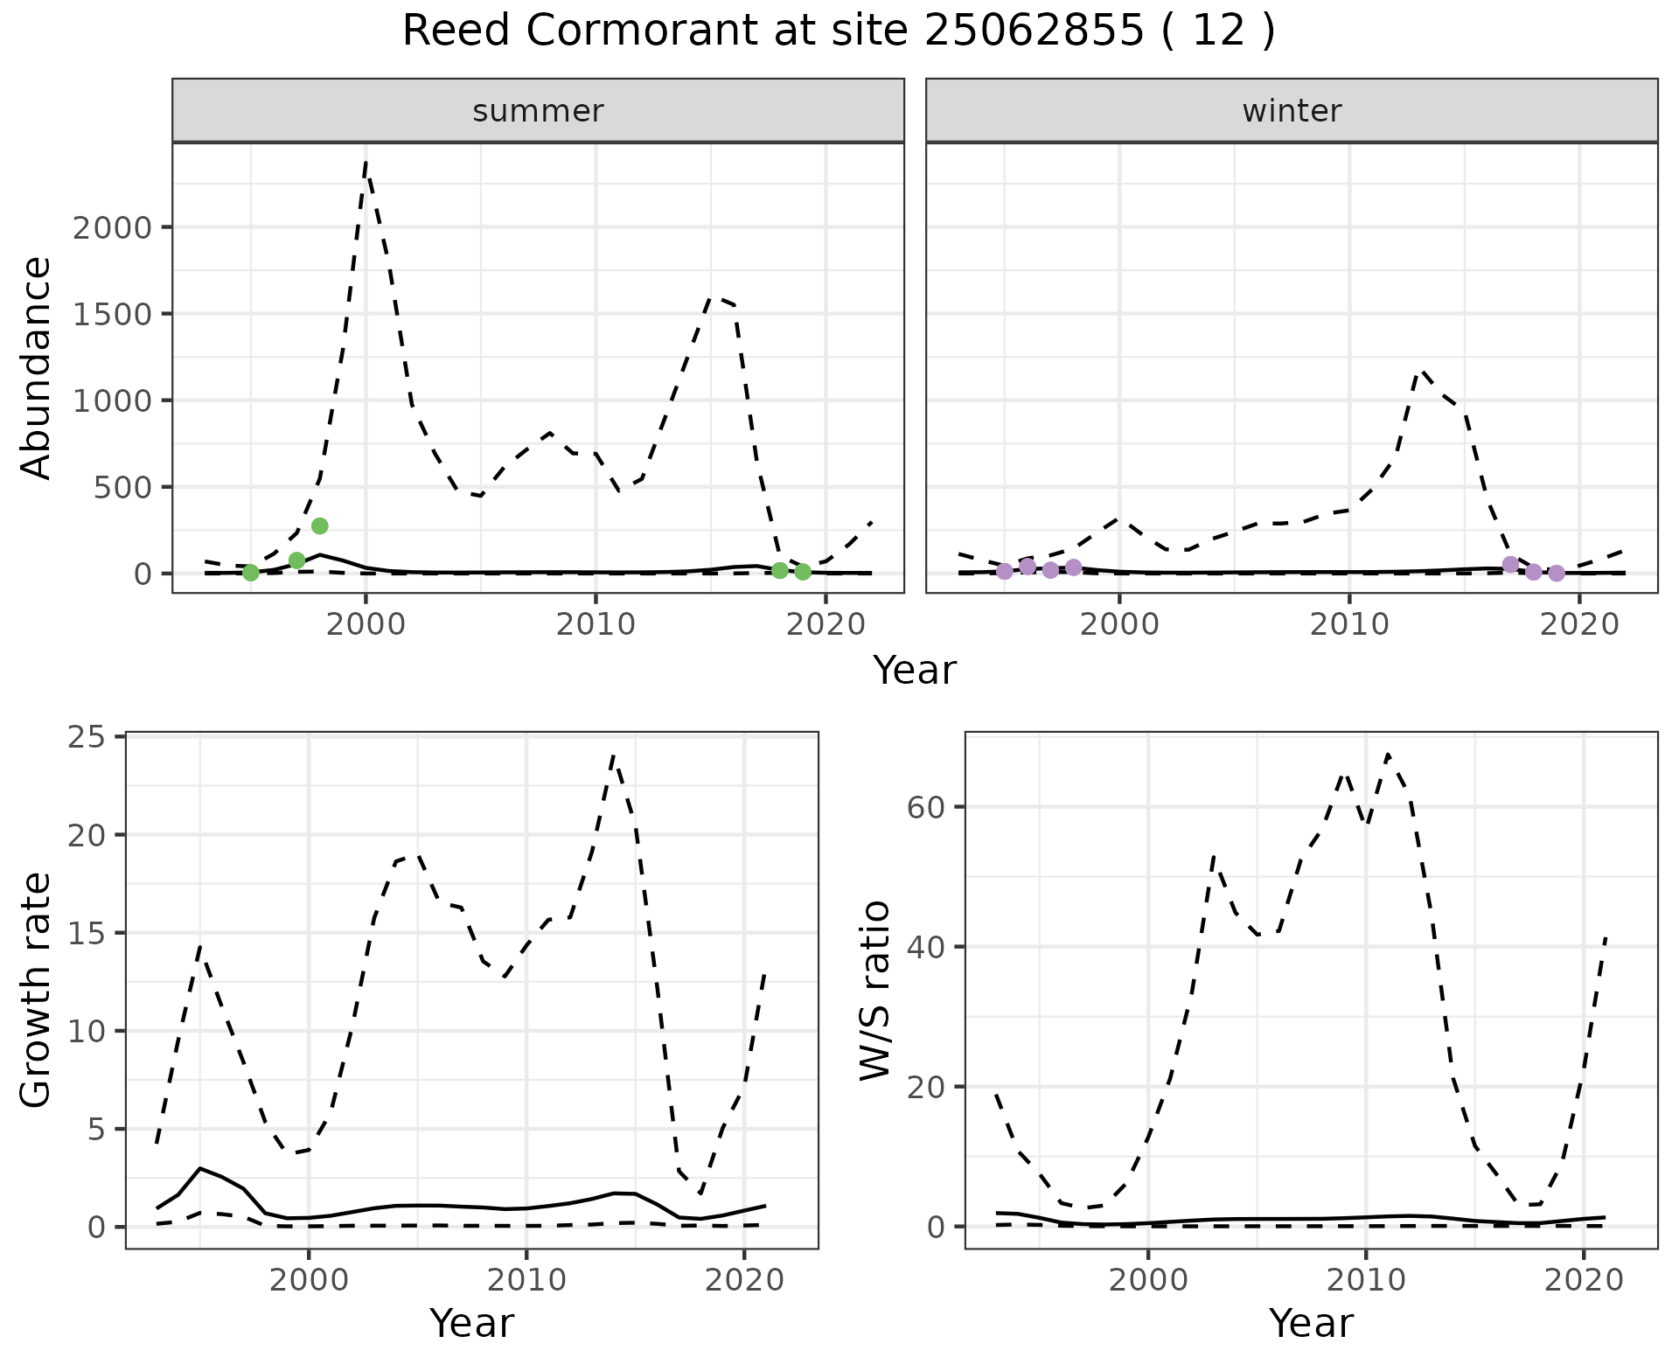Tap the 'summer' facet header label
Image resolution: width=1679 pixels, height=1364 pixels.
tap(538, 111)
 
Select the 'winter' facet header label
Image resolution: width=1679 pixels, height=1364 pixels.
tap(1292, 111)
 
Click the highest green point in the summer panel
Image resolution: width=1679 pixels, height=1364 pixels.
tap(319, 525)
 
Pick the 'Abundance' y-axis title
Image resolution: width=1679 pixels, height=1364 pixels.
tap(37, 368)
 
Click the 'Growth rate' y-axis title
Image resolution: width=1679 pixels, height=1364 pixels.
tap(37, 990)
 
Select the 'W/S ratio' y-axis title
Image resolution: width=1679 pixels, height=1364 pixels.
tap(875, 990)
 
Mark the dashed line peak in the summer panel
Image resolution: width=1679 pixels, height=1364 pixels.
tap(366, 162)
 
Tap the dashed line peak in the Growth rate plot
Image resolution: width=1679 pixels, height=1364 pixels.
tap(614, 754)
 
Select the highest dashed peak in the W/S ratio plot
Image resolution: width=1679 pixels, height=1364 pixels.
tap(1388, 754)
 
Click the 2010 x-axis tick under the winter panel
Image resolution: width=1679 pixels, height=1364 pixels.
tap(1349, 625)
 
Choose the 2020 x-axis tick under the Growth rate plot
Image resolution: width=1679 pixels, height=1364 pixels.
tap(743, 1281)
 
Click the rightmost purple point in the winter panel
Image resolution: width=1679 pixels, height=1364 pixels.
tap(1557, 573)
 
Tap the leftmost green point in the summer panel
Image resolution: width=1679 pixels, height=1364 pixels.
tap(251, 573)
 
